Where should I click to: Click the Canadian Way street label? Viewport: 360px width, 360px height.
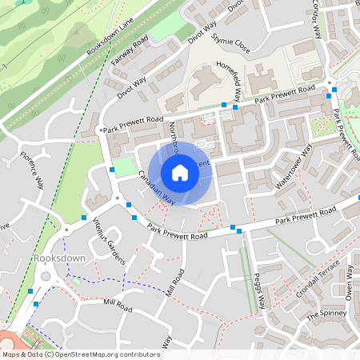point(156,189)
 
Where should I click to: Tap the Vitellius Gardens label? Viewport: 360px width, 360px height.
point(109,241)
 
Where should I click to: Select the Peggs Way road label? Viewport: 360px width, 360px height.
point(258,294)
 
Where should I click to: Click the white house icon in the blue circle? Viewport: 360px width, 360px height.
point(180,173)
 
